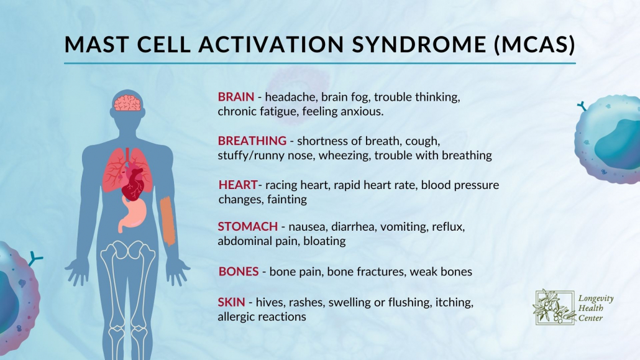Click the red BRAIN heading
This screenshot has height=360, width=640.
tap(235, 97)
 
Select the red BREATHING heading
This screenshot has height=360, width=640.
tap(252, 141)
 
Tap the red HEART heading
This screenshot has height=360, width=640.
tap(237, 185)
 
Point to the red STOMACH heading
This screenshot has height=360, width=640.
tap(247, 226)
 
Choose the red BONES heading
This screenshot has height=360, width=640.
tap(239, 272)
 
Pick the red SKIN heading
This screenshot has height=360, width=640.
tap(231, 303)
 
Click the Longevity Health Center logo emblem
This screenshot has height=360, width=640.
tap(550, 307)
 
